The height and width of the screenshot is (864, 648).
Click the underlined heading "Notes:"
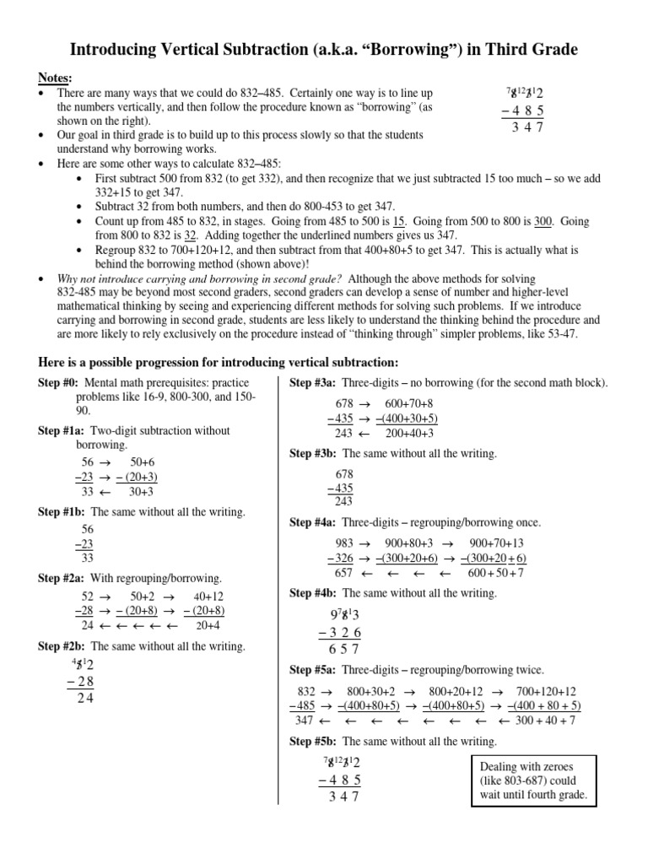click(x=56, y=78)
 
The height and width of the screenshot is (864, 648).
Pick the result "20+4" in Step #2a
click(x=208, y=625)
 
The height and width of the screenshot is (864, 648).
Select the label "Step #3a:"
click(x=315, y=383)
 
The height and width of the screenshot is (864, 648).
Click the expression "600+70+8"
click(x=408, y=403)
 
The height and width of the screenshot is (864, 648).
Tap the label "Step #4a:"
click(x=315, y=522)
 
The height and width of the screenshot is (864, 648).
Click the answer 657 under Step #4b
click(x=343, y=649)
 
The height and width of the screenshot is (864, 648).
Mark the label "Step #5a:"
click(x=315, y=670)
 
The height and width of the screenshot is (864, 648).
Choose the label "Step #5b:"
click(x=315, y=742)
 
